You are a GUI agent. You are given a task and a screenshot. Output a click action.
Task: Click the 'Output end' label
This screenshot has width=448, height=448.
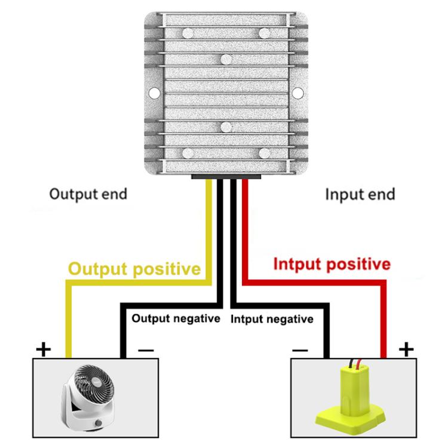pos(88,194)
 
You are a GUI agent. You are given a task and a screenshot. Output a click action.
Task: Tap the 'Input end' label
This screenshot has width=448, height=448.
pos(360,194)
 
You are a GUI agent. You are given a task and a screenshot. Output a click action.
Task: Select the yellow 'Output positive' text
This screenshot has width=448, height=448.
pos(134,269)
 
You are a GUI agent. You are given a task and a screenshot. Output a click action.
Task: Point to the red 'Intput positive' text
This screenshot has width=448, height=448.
pos(332,264)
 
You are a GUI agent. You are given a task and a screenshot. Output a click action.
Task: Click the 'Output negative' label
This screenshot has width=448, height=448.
pos(176,318)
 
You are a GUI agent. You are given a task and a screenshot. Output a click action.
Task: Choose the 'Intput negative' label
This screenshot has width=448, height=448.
pos(272,319)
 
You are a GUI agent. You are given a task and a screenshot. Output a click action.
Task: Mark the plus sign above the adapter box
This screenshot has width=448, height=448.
pos(406,349)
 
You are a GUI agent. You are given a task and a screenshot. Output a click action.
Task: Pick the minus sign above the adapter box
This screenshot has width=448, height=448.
pos(300,350)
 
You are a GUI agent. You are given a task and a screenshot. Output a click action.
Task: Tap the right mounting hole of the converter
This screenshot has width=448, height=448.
pos(297,93)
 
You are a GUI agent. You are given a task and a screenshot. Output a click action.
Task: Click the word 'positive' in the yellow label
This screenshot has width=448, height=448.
pos(166,269)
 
